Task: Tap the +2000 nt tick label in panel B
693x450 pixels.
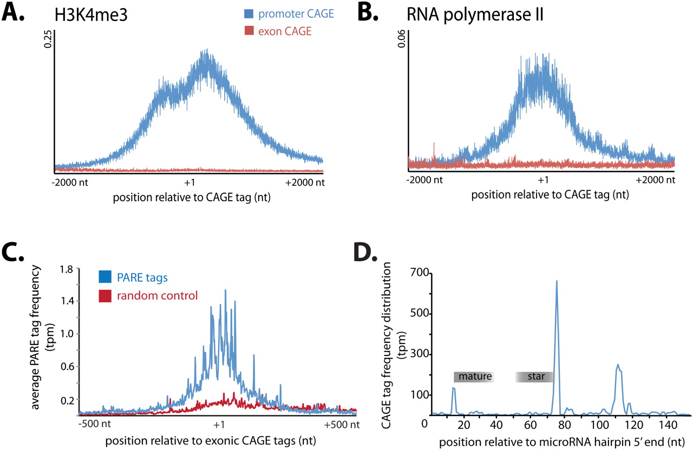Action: click(656, 180)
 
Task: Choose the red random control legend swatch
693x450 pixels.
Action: click(106, 296)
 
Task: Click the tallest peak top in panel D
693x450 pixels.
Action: click(557, 281)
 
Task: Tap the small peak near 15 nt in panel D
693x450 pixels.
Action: click(453, 388)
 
